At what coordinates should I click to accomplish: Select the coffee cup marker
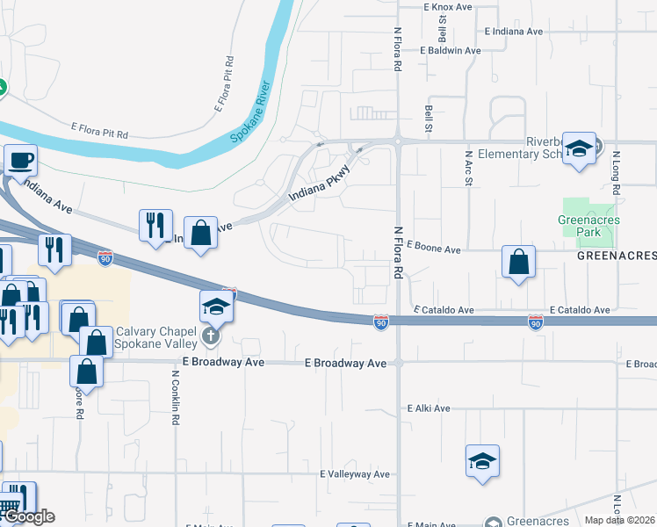[20, 161]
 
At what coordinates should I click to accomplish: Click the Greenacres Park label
[587, 226]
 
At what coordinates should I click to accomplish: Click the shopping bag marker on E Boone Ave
[518, 262]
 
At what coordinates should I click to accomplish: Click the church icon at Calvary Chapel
[210, 336]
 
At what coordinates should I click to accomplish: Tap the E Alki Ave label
[429, 408]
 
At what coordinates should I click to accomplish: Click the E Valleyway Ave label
[354, 474]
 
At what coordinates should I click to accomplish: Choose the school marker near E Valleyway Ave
[482, 462]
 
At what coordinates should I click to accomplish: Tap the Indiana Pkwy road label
[319, 183]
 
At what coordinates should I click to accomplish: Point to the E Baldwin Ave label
[451, 51]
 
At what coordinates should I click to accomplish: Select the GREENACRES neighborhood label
[617, 256]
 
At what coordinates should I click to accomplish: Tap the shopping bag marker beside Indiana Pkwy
[201, 234]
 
